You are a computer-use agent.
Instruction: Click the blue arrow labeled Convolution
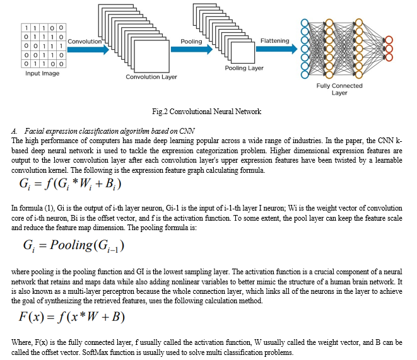pyautogui.click(x=88, y=49)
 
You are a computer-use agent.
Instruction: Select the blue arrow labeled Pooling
pyautogui.click(x=192, y=49)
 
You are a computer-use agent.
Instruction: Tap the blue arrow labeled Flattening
pyautogui.click(x=276, y=49)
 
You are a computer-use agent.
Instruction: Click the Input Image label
pyautogui.click(x=42, y=73)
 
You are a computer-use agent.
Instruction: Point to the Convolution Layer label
pyautogui.click(x=151, y=77)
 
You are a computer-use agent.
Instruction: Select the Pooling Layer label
pyautogui.click(x=244, y=68)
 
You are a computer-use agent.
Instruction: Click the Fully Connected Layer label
pyautogui.click(x=339, y=90)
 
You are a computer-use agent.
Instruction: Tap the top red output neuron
pyautogui.click(x=389, y=40)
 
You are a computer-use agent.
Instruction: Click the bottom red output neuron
pyautogui.click(x=389, y=57)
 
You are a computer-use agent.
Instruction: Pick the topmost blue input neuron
pyautogui.click(x=305, y=23)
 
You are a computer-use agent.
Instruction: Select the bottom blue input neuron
pyautogui.click(x=305, y=74)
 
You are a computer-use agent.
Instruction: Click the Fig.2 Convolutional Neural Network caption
pyautogui.click(x=207, y=112)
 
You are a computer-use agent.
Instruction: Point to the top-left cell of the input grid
pyautogui.click(x=26, y=28)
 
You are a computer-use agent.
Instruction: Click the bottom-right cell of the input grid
pyautogui.click(x=61, y=64)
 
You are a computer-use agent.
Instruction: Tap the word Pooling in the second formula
pyautogui.click(x=71, y=245)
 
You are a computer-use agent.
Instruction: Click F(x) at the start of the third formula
pyautogui.click(x=31, y=316)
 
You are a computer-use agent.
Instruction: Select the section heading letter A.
pyautogui.click(x=14, y=131)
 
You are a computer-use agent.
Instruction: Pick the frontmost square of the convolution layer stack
pyautogui.click(x=151, y=56)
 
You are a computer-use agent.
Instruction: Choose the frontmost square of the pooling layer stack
pyautogui.click(x=243, y=52)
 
